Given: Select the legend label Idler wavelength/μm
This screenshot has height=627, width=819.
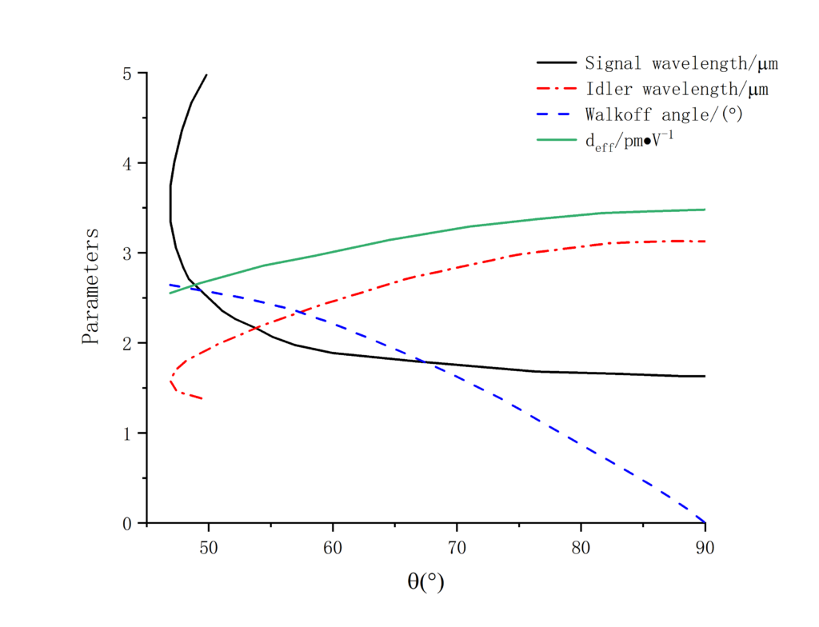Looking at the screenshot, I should click(677, 88).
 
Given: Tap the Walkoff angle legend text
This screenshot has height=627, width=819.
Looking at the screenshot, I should click(664, 114).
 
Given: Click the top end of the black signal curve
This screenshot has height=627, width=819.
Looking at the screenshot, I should click(207, 74).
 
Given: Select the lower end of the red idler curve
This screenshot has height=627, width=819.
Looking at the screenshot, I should click(202, 398).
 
